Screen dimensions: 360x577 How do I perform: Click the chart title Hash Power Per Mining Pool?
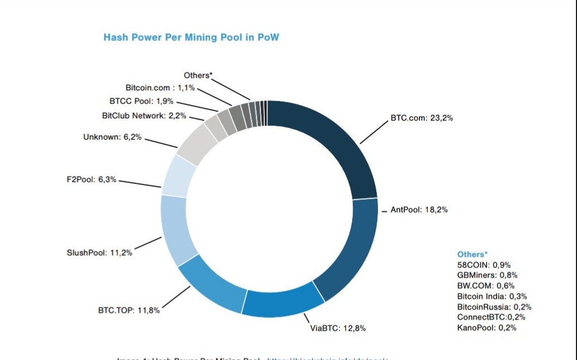(191, 37)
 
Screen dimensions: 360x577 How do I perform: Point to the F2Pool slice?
(179, 176)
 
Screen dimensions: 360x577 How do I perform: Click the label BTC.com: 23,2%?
(422, 119)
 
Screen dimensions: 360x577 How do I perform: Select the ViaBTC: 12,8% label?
(338, 328)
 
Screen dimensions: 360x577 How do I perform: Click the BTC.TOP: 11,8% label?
(129, 310)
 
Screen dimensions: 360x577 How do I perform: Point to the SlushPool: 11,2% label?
(100, 252)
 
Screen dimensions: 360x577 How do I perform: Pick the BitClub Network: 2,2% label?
(144, 116)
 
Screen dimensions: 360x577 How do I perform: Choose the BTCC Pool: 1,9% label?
(141, 101)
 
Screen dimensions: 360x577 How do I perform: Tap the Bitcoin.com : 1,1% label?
(159, 88)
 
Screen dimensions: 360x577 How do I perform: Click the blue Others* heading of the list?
(472, 254)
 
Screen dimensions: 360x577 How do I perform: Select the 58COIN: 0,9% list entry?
(484, 265)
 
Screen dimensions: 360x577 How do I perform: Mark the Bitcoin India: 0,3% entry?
(492, 296)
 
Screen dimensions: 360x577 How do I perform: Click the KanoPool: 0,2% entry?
(486, 328)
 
